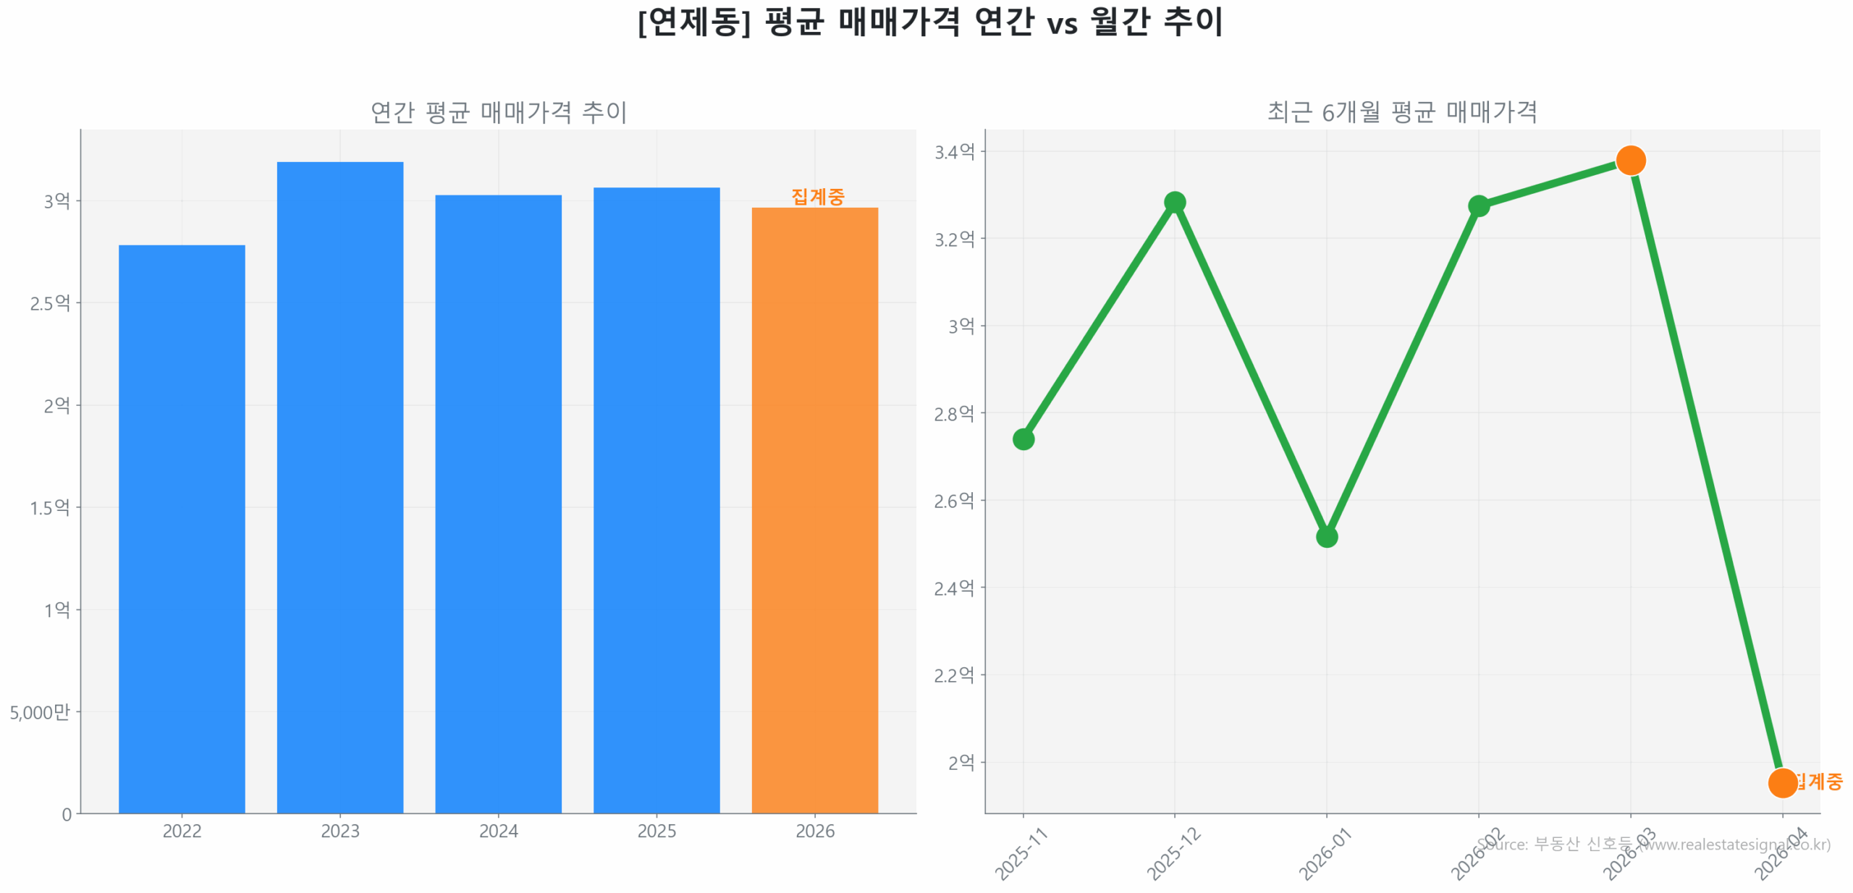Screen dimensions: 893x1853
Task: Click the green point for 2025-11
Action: [x=1022, y=439]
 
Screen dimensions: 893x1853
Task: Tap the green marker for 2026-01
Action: [x=1325, y=536]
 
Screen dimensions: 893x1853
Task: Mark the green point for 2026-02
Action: [x=1477, y=206]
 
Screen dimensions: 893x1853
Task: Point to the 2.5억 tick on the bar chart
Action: [x=49, y=302]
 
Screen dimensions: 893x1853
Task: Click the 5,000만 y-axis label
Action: [x=40, y=711]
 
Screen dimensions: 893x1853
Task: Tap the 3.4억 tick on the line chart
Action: [x=953, y=152]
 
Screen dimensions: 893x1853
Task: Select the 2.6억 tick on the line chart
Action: [x=953, y=500]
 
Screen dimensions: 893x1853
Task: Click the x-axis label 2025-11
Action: [x=1021, y=854]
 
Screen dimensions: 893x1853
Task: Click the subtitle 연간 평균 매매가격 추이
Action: [x=498, y=112]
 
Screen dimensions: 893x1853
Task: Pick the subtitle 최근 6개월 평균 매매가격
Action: [x=1401, y=112]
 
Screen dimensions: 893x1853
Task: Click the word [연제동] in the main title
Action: [x=693, y=22]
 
